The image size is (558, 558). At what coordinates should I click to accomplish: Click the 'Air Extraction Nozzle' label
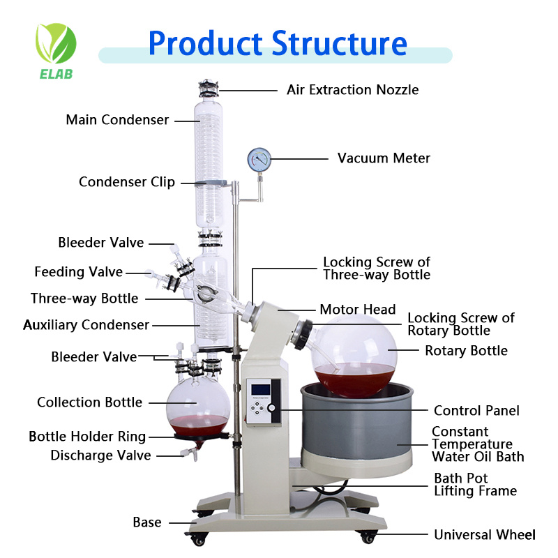coord(353,90)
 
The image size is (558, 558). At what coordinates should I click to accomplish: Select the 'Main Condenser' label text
coord(117,120)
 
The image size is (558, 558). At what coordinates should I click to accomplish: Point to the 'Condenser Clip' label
coord(127,182)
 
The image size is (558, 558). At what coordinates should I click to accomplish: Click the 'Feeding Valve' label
coord(79,272)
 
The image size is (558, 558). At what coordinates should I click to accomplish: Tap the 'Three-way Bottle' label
coord(84,299)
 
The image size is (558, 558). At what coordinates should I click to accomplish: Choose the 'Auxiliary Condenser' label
coord(86,325)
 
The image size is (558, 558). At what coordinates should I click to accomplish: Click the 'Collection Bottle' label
coord(89,402)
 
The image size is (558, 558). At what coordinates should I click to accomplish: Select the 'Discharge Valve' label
coord(100,455)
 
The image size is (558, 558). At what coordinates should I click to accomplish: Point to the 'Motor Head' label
coord(357,310)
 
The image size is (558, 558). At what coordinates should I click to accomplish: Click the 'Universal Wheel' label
coord(485,535)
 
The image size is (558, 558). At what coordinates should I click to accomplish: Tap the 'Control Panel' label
coord(476,411)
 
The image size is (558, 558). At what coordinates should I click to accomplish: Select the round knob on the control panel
coord(271,408)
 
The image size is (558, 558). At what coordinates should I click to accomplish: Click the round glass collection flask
coord(198,411)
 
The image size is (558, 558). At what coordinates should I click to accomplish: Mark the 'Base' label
coord(147,522)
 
